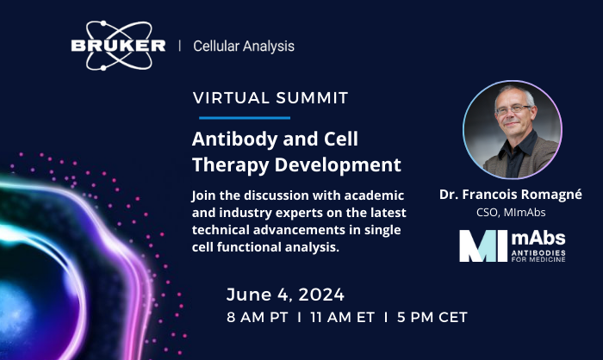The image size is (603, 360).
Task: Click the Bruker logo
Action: pyautogui.click(x=119, y=46)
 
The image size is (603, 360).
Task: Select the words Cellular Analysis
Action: pyautogui.click(x=244, y=47)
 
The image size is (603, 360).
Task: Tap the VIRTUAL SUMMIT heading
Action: pyautogui.click(x=270, y=98)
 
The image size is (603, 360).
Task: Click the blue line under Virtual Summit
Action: pyautogui.click(x=245, y=118)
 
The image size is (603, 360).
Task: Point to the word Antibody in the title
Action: pyautogui.click(x=234, y=139)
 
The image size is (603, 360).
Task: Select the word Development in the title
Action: pyautogui.click(x=338, y=165)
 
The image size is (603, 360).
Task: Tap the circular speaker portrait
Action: pyautogui.click(x=513, y=129)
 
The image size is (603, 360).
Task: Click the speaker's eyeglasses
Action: pyautogui.click(x=513, y=109)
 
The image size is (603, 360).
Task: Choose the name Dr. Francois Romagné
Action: pyautogui.click(x=511, y=195)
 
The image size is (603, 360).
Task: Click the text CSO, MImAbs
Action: pyautogui.click(x=511, y=213)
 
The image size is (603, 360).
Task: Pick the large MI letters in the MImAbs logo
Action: pyautogui.click(x=483, y=246)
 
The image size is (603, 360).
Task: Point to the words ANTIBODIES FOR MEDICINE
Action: pyautogui.click(x=538, y=256)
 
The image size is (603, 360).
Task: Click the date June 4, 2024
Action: pyautogui.click(x=285, y=295)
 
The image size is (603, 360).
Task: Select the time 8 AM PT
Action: pyautogui.click(x=258, y=317)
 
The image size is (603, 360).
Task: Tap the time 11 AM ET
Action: pyautogui.click(x=342, y=317)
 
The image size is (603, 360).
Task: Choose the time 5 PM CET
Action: pyautogui.click(x=432, y=317)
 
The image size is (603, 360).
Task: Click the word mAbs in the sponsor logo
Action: pyautogui.click(x=538, y=239)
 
